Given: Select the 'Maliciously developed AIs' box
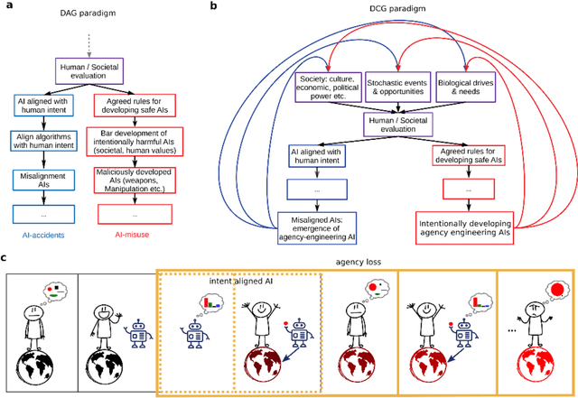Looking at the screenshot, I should (131, 181).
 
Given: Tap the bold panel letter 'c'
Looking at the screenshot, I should (5, 257).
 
